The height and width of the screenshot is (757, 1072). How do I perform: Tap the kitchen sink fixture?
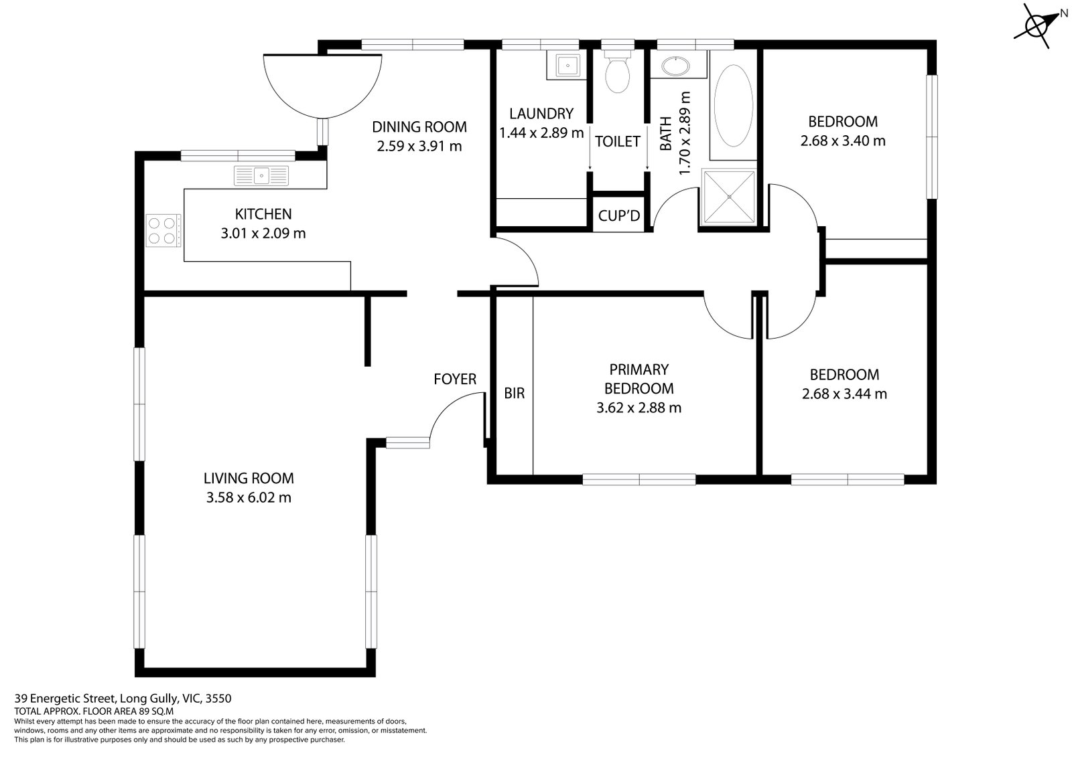pyautogui.click(x=261, y=176)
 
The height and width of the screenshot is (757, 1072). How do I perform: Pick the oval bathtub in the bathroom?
pyautogui.click(x=733, y=106)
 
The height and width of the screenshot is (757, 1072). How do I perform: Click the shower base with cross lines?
pyautogui.click(x=728, y=197)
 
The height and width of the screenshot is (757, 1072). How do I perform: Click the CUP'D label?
pyautogui.click(x=619, y=216)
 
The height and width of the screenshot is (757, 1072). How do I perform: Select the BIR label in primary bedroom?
pyautogui.click(x=514, y=394)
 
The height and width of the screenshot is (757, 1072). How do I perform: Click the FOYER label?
pyautogui.click(x=455, y=380)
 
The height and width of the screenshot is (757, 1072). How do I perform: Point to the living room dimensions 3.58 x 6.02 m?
pyautogui.click(x=249, y=498)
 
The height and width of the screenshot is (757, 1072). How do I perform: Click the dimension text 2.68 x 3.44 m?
pyautogui.click(x=844, y=394)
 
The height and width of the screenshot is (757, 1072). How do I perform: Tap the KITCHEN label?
pyautogui.click(x=263, y=214)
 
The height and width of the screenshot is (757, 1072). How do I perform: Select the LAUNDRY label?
pyautogui.click(x=541, y=113)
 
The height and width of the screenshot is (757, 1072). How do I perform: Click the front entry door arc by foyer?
pyautogui.click(x=452, y=415)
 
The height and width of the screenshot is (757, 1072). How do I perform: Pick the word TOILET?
pyautogui.click(x=617, y=141)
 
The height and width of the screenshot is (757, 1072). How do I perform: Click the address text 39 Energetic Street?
pyautogui.click(x=123, y=699)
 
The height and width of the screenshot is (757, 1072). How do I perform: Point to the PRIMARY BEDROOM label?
pyautogui.click(x=639, y=379)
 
